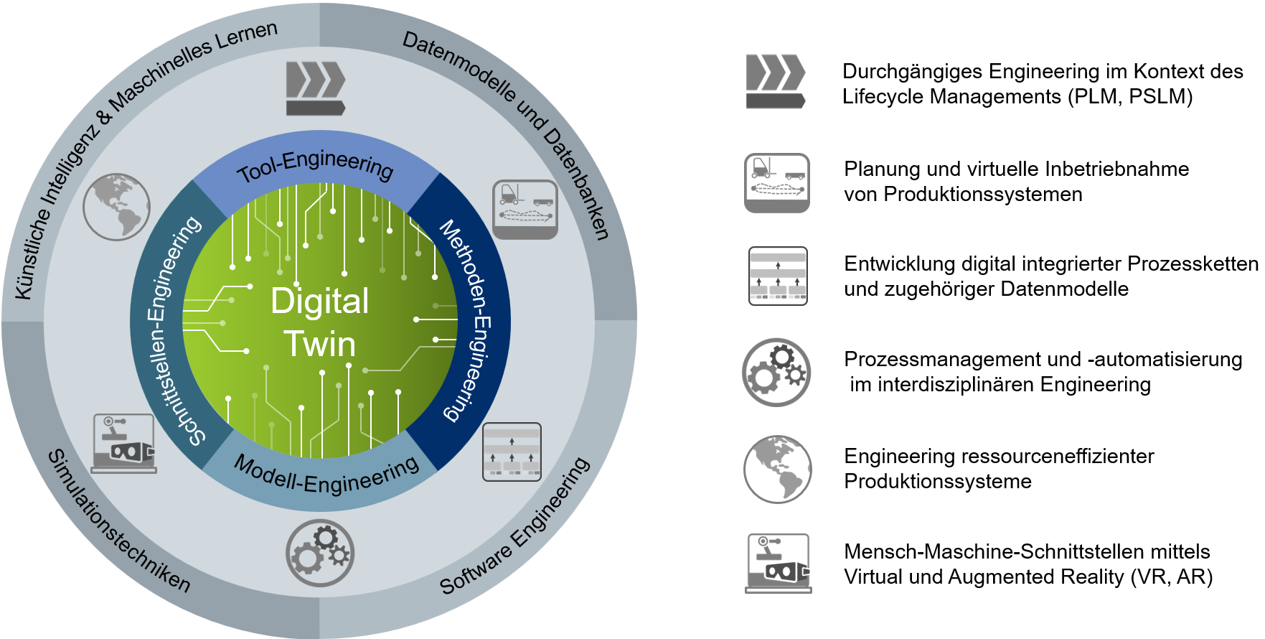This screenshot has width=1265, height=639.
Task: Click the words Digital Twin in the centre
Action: click(320, 322)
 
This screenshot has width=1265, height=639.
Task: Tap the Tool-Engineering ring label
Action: click(316, 166)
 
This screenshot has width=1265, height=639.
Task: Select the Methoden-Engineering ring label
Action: click(467, 320)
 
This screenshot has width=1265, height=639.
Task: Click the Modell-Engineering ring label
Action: click(327, 475)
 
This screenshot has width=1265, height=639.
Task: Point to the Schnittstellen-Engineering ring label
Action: click(171, 330)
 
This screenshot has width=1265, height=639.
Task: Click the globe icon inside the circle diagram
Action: click(116, 207)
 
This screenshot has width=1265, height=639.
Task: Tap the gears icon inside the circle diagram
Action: click(320, 553)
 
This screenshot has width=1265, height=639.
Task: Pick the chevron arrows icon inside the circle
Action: click(316, 88)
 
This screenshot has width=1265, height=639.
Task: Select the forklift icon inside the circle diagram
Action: click(525, 210)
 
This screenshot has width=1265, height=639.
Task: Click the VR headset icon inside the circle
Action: click(124, 443)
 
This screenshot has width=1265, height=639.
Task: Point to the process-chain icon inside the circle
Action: click(512, 452)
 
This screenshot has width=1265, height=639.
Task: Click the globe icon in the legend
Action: click(778, 469)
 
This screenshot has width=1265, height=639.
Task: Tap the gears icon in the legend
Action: click(776, 373)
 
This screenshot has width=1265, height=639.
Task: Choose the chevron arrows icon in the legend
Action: click(776, 81)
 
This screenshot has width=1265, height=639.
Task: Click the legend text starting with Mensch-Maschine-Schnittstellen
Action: click(1028, 564)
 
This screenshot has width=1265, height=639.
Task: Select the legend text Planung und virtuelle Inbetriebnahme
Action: click(1016, 169)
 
